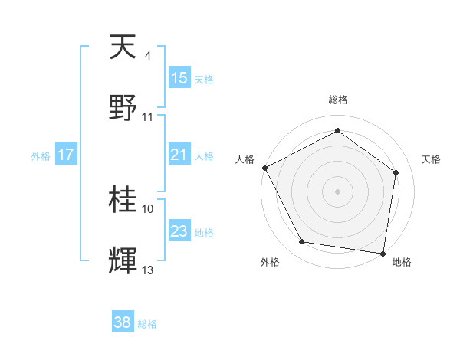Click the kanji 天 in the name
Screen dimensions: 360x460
[123, 47]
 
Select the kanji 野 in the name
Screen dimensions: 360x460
[123, 106]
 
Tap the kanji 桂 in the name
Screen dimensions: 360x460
[123, 200]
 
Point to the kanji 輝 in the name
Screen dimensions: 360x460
[123, 260]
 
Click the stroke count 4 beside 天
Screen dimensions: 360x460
[148, 56]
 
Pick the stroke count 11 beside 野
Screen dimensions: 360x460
[148, 116]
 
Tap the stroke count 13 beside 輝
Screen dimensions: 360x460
[148, 270]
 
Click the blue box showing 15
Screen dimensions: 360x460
[179, 78]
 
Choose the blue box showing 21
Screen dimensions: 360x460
[179, 155]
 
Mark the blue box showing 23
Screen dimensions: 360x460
[179, 231]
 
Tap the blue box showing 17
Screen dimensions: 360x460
[66, 155]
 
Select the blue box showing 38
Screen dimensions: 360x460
[123, 323]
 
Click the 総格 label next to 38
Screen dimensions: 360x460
[147, 324]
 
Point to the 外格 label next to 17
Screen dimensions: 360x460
[41, 155]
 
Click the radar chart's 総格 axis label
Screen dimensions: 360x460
[338, 100]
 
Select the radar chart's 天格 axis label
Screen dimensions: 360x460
[432, 159]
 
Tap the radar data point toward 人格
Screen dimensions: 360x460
[264, 167]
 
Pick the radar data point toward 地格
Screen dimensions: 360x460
[383, 253]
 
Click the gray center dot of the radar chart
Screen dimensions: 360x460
[338, 191]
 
